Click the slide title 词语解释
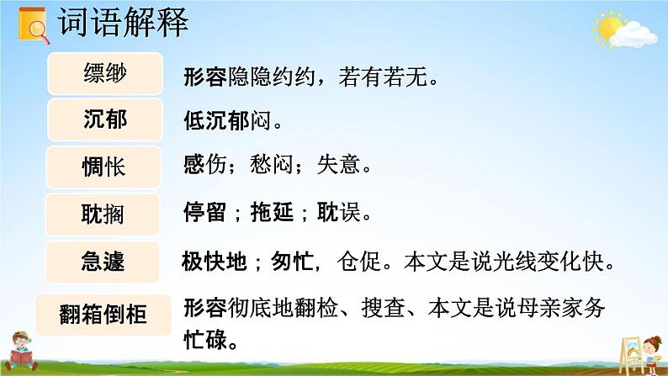(x=124, y=23)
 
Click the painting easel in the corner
(x=621, y=349)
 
